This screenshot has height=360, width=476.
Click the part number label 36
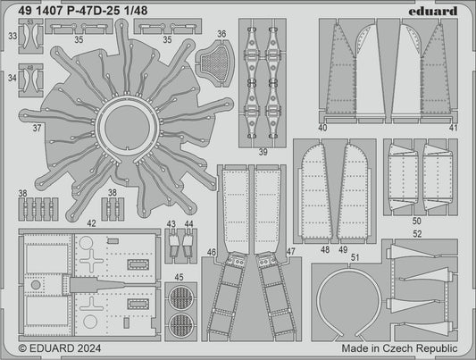[221, 35]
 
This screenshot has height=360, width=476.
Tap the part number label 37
[37, 128]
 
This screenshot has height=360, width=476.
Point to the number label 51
[355, 257]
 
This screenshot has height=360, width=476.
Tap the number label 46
[212, 254]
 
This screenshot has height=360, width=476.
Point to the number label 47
[290, 254]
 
